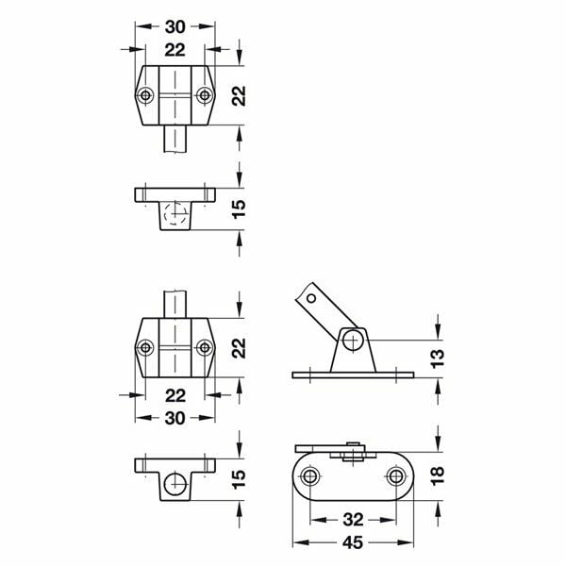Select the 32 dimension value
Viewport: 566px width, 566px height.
[353, 520]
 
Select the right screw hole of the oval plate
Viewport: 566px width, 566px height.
[394, 477]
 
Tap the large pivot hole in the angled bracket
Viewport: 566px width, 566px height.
[352, 339]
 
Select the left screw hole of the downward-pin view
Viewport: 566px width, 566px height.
[145, 96]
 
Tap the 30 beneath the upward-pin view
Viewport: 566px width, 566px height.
[175, 418]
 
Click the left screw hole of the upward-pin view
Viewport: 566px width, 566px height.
[145, 347]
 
